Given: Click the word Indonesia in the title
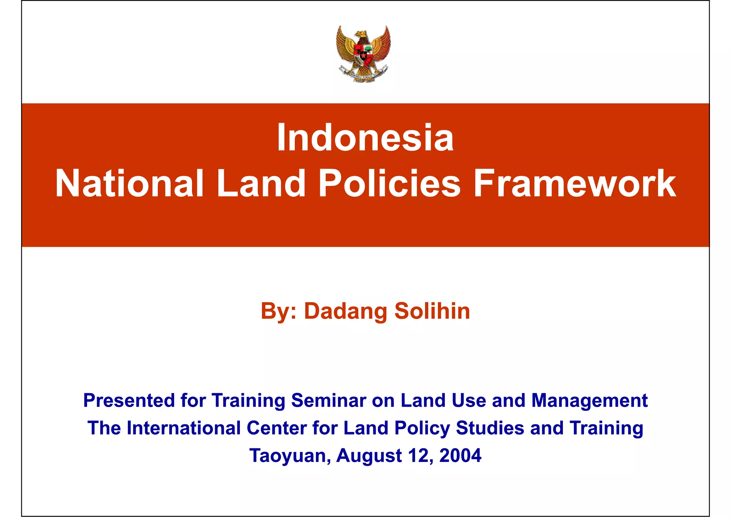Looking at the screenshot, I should pyautogui.click(x=365, y=138).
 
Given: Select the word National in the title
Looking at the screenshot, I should pyautogui.click(x=129, y=184).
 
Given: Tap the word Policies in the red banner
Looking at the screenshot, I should pyautogui.click(x=389, y=184).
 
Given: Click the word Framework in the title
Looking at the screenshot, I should pyautogui.click(x=574, y=184).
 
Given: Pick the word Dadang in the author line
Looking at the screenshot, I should pyautogui.click(x=346, y=311).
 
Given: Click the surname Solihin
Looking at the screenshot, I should pyautogui.click(x=432, y=311).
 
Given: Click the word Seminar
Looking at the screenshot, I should pyautogui.click(x=328, y=400).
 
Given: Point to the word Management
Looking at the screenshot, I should pyautogui.click(x=589, y=400).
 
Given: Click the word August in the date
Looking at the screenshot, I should pyautogui.click(x=369, y=456).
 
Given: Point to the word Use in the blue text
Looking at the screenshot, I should pyautogui.click(x=469, y=400).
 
